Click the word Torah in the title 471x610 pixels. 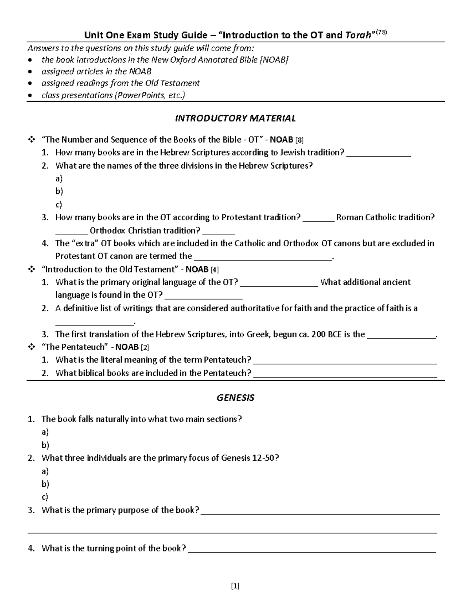pyautogui.click(x=358, y=35)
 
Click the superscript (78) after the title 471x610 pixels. pyautogui.click(x=382, y=33)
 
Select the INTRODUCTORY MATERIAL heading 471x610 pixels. pyautogui.click(x=235, y=118)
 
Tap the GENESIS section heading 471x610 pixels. pyautogui.click(x=235, y=398)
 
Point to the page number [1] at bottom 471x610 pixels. pyautogui.click(x=235, y=586)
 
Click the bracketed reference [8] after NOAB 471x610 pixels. pyautogui.click(x=299, y=140)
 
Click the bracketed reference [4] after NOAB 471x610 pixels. pyautogui.click(x=215, y=270)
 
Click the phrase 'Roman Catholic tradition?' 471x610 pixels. pyautogui.click(x=385, y=217)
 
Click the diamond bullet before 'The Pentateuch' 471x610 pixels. pyautogui.click(x=31, y=347)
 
